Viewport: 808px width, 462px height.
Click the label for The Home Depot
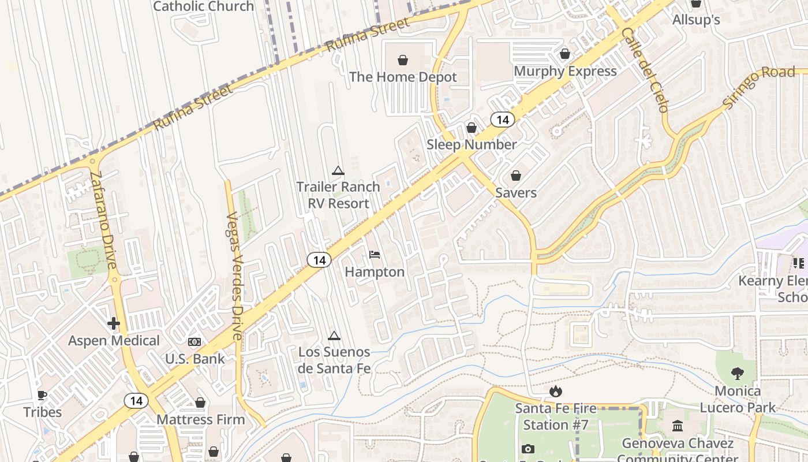(403, 77)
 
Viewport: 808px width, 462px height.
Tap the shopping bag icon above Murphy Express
(565, 54)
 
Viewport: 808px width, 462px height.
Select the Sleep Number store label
(472, 144)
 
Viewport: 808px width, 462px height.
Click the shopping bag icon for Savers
(516, 176)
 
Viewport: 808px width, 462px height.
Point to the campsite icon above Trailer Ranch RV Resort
(338, 170)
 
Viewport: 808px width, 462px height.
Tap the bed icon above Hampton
(375, 255)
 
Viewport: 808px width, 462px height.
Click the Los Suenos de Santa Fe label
(334, 360)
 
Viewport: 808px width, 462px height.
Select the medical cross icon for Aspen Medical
(114, 323)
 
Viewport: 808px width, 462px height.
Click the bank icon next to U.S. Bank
(194, 342)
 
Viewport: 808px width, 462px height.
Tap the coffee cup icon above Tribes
(42, 395)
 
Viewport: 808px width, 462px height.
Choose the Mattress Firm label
(201, 419)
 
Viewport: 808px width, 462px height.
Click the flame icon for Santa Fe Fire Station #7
(556, 392)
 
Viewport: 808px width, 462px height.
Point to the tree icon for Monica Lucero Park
(738, 374)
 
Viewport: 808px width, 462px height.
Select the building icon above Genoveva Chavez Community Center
(678, 426)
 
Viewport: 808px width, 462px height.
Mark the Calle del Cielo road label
(645, 69)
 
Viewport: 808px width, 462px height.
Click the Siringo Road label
(758, 87)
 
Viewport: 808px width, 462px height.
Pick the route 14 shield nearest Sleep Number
(503, 120)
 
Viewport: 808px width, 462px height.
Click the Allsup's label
(696, 20)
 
